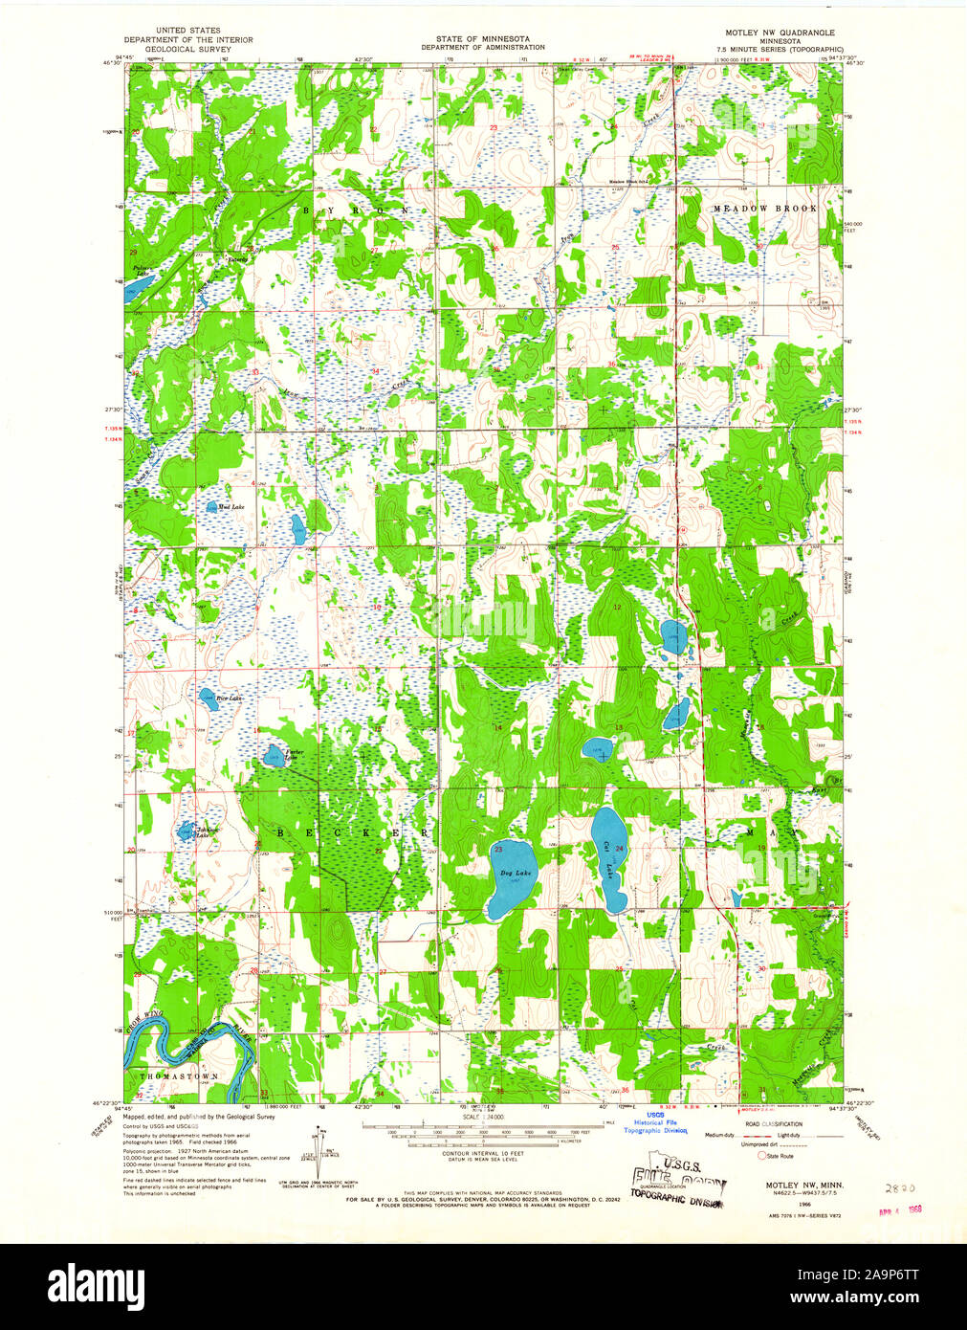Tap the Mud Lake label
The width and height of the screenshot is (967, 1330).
231,506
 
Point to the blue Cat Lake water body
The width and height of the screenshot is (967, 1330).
608,858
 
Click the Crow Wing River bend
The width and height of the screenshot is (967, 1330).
191,1042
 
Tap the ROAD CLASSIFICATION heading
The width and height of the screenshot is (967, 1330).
775,1124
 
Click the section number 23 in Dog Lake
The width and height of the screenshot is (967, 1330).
498,850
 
